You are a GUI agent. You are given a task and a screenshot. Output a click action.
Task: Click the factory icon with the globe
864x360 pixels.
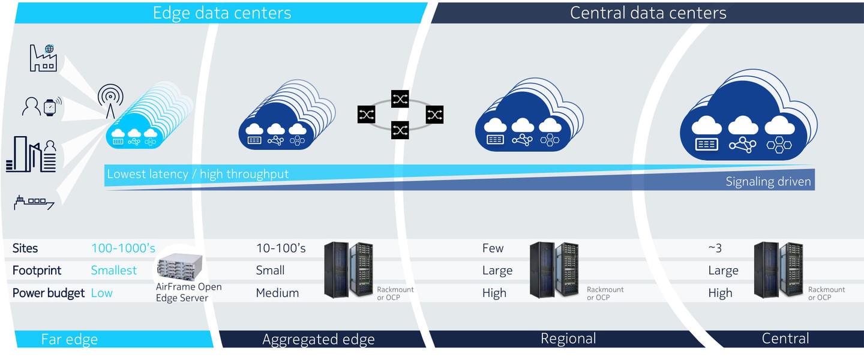click(x=43, y=58)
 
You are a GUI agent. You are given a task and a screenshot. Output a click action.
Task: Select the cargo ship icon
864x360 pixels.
click(x=34, y=202)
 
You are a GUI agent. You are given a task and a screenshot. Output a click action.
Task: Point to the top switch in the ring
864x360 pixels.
click(x=400, y=99)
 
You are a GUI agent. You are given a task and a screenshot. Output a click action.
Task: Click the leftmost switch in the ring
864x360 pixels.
click(x=367, y=115)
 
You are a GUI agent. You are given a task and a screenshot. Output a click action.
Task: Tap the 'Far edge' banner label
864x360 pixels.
click(x=70, y=339)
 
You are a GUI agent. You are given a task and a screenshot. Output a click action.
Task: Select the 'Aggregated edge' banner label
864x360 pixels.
click(x=319, y=339)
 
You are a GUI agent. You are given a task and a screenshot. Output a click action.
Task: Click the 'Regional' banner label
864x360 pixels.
click(x=568, y=338)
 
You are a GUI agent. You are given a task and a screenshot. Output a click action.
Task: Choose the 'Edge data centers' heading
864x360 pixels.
click(x=222, y=13)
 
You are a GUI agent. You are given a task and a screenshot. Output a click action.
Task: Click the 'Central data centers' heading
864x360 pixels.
click(x=648, y=13)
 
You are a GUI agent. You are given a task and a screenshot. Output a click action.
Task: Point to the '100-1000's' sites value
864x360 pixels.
click(x=123, y=248)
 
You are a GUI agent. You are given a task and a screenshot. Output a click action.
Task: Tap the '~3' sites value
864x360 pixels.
click(x=715, y=248)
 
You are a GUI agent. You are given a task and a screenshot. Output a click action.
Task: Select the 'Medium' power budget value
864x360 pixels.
click(x=277, y=293)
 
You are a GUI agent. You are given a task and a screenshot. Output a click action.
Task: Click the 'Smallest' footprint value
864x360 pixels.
click(x=114, y=270)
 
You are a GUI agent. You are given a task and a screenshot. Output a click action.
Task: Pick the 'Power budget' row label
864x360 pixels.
click(x=48, y=293)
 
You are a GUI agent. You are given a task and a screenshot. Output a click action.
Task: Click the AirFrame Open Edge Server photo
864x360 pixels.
click(x=179, y=266)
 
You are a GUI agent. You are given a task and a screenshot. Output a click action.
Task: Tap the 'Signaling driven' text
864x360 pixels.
click(x=769, y=181)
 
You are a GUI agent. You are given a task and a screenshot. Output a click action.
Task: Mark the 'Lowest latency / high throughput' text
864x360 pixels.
click(x=197, y=174)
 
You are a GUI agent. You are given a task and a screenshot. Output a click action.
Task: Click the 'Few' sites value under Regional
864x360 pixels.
click(x=493, y=248)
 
